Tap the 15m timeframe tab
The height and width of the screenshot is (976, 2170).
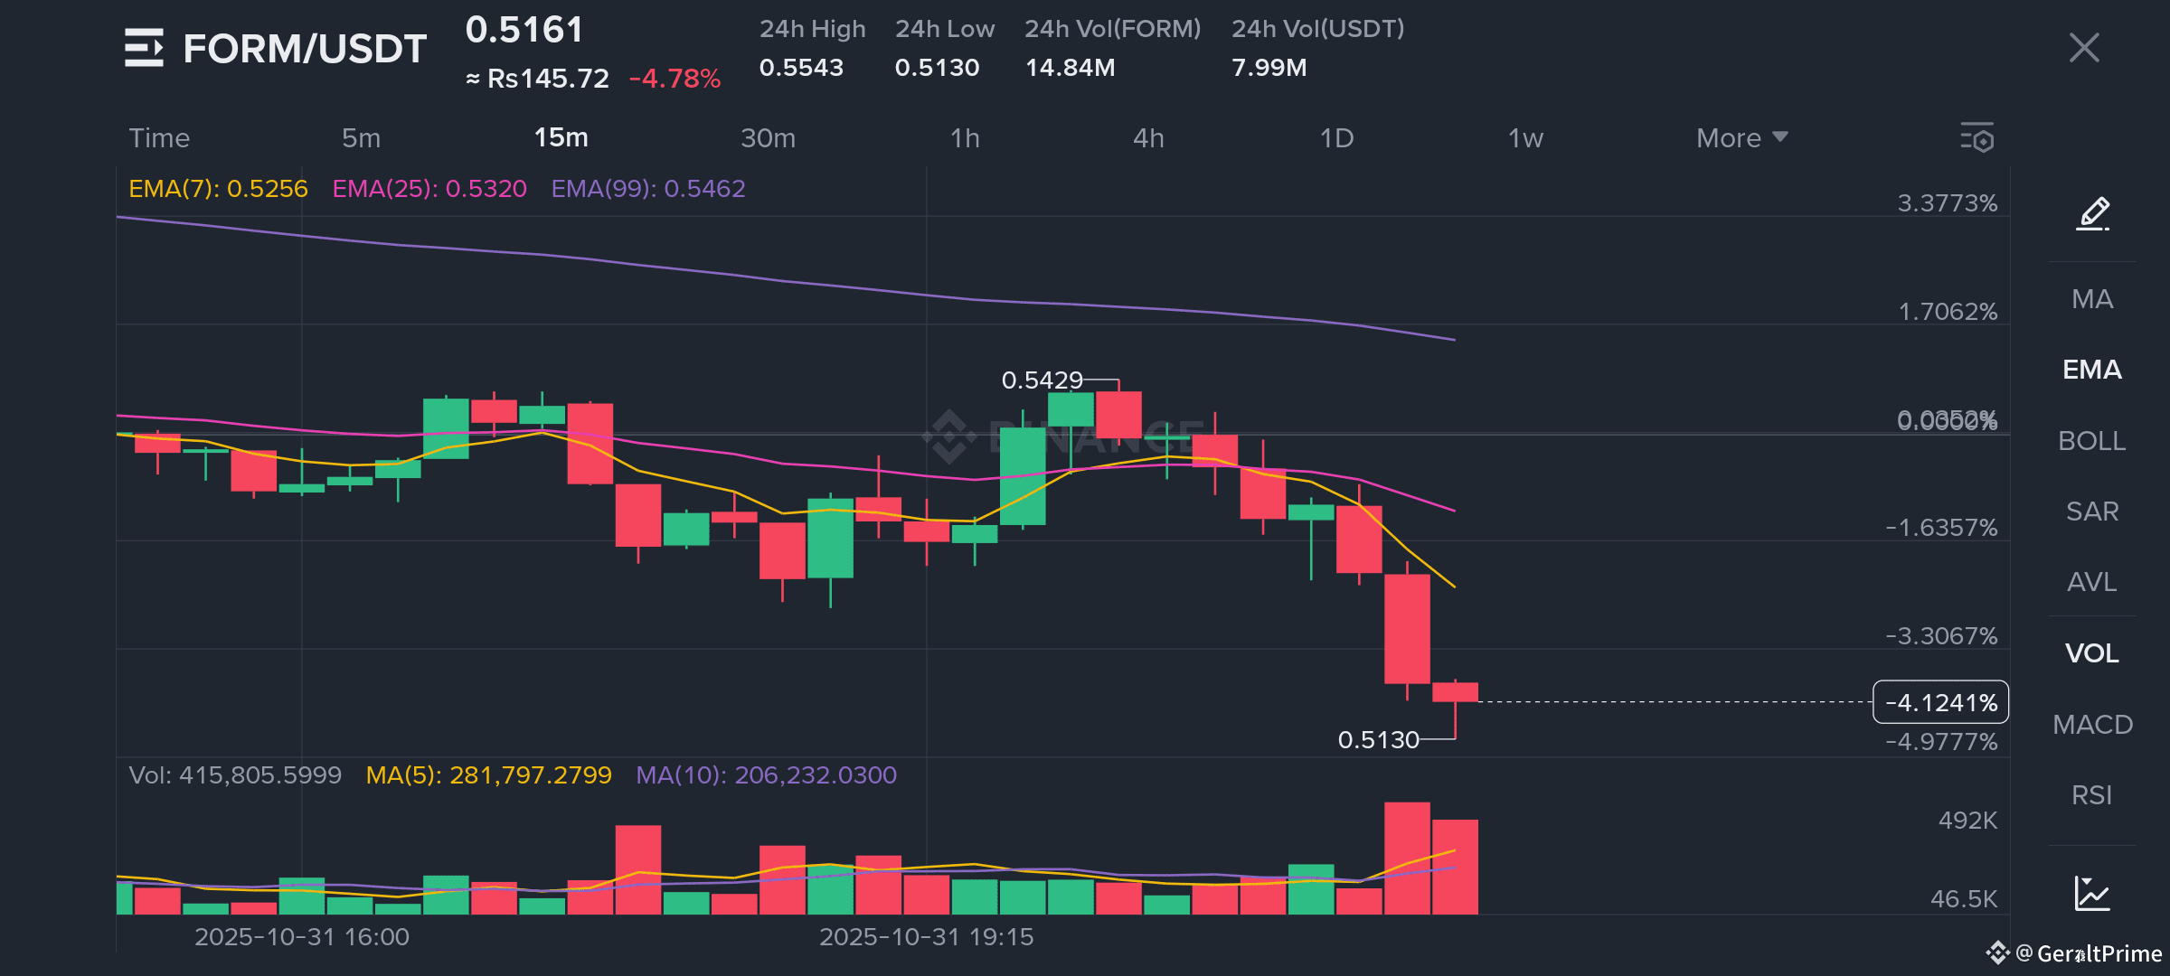click(x=561, y=137)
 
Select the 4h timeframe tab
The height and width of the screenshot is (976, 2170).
click(x=1148, y=138)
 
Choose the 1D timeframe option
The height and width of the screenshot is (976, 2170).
click(x=1336, y=138)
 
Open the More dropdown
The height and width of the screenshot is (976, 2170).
click(x=1741, y=138)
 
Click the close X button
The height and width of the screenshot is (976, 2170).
click(x=2083, y=48)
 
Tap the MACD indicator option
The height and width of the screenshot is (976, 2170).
click(x=2092, y=725)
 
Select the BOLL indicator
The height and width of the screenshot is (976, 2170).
click(x=2091, y=441)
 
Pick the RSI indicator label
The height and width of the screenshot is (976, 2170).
click(x=2091, y=795)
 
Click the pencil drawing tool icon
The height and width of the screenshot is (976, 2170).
click(x=2093, y=214)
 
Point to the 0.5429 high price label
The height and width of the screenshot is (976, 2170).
click(x=1042, y=380)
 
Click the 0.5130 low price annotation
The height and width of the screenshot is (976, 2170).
click(x=1378, y=740)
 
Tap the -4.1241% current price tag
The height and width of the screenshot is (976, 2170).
click(x=1940, y=702)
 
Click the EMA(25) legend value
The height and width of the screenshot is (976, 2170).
click(x=429, y=189)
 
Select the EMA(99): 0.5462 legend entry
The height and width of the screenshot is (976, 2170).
click(x=648, y=189)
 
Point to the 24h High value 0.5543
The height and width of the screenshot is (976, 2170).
click(x=801, y=68)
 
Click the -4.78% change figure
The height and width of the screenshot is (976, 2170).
click(x=675, y=79)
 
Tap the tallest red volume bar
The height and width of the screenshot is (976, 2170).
click(x=1407, y=858)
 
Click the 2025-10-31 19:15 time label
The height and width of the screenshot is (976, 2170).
click(x=926, y=937)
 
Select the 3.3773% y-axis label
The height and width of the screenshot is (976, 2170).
click(x=1947, y=203)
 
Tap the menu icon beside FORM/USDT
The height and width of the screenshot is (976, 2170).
click(x=144, y=48)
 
